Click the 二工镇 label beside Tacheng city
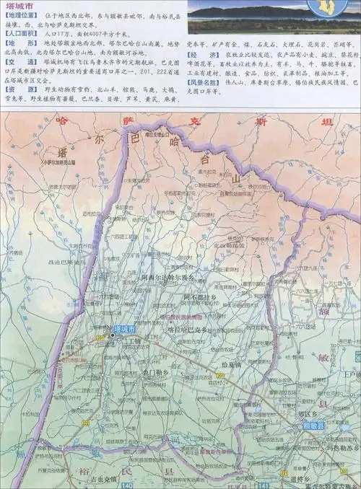point(132,341)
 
